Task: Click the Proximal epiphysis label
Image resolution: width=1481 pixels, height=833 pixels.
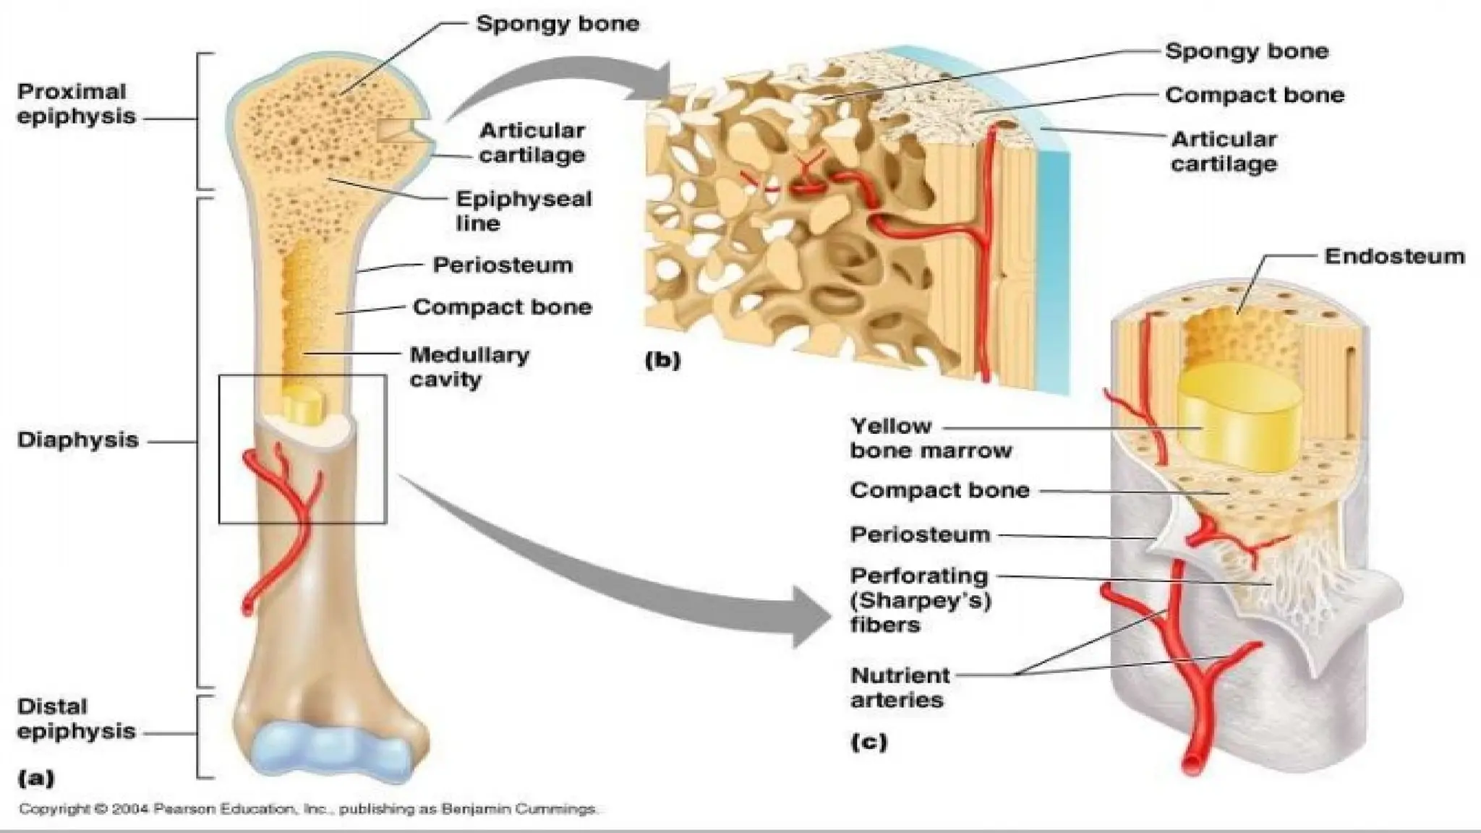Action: coord(76,104)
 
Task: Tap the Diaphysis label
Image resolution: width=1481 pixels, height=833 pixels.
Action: coord(77,440)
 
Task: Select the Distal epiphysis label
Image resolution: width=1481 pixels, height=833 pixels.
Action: coord(76,719)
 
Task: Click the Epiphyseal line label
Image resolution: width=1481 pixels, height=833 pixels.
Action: coord(523,211)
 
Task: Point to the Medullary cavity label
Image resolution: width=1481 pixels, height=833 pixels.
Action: coord(469,367)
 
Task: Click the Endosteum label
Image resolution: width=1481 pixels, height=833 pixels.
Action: coord(1393,256)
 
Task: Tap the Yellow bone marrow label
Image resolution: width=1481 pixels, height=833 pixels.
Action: coord(930,438)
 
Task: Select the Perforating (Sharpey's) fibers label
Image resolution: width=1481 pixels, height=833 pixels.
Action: coord(920,600)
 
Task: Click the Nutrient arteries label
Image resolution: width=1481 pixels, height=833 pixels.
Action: coord(900,688)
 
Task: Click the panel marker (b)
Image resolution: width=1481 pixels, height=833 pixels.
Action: coord(662,360)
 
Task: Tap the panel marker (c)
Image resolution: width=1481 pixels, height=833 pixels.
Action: coord(868,741)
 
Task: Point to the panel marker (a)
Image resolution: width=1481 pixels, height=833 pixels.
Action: coord(35,778)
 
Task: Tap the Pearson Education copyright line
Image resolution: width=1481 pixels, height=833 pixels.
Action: coord(308,809)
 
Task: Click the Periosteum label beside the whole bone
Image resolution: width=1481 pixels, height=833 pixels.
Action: coord(502,265)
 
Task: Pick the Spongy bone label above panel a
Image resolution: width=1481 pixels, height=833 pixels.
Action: coord(557,24)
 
